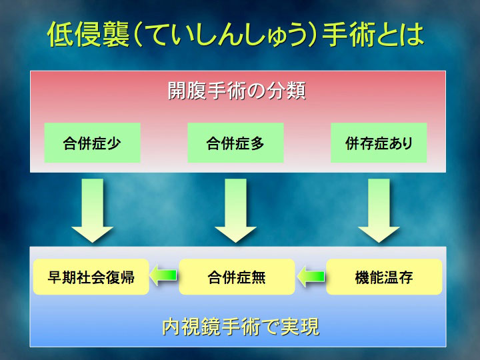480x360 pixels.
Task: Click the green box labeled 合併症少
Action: pyautogui.click(x=92, y=143)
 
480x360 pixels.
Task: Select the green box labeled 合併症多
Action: pyautogui.click(x=235, y=143)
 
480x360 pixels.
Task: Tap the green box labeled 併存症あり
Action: pyautogui.click(x=379, y=143)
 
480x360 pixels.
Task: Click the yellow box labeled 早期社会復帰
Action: pyautogui.click(x=91, y=277)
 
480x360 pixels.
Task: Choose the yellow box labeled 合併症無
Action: pyautogui.click(x=237, y=277)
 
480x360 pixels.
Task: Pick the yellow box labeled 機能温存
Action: pyautogui.click(x=384, y=277)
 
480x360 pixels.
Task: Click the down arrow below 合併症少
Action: pyautogui.click(x=92, y=211)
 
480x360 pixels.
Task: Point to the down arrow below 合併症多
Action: pyautogui.click(x=235, y=211)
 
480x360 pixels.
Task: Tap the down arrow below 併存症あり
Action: pyautogui.click(x=379, y=211)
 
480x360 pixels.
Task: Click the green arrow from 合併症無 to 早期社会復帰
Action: pyautogui.click(x=163, y=275)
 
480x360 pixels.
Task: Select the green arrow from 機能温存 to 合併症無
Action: pyautogui.click(x=311, y=276)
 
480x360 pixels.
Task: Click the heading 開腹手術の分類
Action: pyautogui.click(x=237, y=91)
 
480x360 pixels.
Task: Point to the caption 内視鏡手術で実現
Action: pyautogui.click(x=241, y=327)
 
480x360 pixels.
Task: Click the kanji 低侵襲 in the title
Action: pyautogui.click(x=89, y=34)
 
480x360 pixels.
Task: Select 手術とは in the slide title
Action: pyautogui.click(x=373, y=35)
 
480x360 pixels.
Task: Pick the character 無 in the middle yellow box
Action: pyautogui.click(x=259, y=277)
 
